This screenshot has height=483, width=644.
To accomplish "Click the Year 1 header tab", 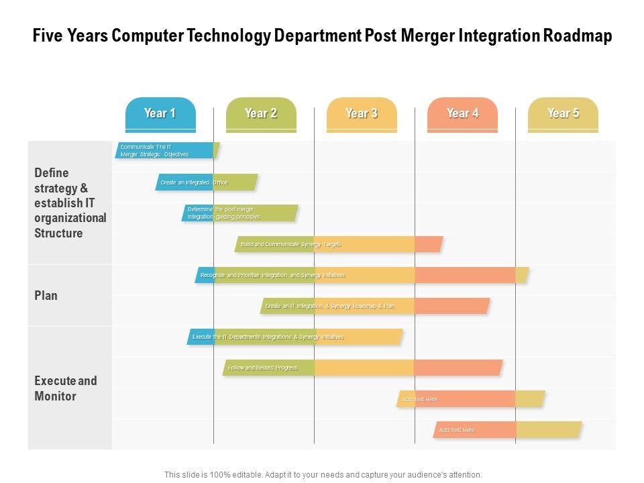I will coord(160,113).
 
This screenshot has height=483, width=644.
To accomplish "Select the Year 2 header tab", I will coord(261,113).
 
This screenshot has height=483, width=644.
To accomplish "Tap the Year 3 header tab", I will coord(362,113).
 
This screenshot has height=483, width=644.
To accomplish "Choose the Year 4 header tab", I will coord(462,113).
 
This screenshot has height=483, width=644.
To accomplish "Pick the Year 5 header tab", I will coord(563,113).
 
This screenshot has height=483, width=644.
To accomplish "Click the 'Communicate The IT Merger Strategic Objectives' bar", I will coord(166,151).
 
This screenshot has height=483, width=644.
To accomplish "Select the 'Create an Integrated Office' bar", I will coord(207,182).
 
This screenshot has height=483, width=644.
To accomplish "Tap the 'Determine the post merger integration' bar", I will coord(239,213).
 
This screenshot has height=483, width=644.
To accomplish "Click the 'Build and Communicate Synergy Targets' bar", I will coord(339,244).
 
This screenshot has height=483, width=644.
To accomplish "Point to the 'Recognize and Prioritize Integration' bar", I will coord(362,275).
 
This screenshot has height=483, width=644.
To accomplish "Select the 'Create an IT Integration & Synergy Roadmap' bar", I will coord(375,306).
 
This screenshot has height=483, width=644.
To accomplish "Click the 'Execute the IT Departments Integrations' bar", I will coord(294,337).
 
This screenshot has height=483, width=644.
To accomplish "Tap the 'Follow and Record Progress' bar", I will coord(362,368).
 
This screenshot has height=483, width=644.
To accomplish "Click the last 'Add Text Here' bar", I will coord(507,430).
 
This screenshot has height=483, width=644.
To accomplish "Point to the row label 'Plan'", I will coord(46,295).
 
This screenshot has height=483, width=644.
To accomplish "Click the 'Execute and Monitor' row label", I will coord(66,388).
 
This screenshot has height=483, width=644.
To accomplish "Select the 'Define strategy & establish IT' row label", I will coord(70,203).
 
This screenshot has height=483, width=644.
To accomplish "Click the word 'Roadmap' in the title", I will coord(578,36).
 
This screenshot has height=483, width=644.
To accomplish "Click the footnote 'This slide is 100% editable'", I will coord(323,474).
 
